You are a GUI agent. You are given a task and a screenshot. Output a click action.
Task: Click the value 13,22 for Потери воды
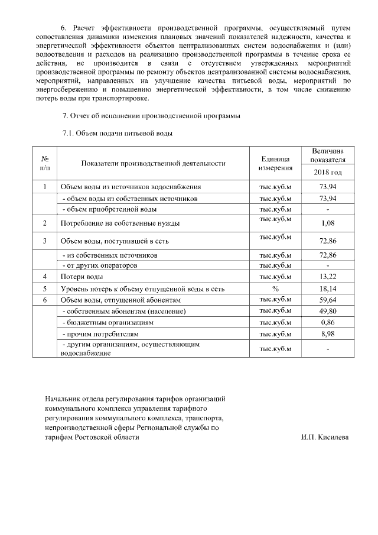pos(327,277)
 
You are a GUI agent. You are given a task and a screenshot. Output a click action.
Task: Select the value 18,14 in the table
pos(327,288)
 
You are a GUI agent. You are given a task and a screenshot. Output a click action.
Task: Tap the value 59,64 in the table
pos(327,300)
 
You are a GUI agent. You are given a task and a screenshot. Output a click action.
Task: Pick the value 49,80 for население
pos(327,311)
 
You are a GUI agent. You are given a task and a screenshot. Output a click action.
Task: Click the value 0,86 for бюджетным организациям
pos(327,323)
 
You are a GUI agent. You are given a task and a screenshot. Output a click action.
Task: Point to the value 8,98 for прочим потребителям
pos(327,334)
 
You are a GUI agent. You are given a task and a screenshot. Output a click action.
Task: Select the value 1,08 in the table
pos(327,223)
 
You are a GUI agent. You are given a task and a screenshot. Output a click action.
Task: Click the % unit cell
pos(275,288)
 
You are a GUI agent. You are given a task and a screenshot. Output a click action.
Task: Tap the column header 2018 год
pos(327,173)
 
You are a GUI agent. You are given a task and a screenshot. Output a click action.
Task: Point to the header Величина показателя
pos(327,155)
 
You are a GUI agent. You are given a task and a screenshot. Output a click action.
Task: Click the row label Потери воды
pos(82,277)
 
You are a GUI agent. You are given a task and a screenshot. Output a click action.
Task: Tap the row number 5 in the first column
pos(45,288)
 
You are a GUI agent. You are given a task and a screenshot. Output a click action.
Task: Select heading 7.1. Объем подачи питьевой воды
pos(117,134)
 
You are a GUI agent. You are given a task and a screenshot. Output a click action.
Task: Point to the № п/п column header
pos(45,164)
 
